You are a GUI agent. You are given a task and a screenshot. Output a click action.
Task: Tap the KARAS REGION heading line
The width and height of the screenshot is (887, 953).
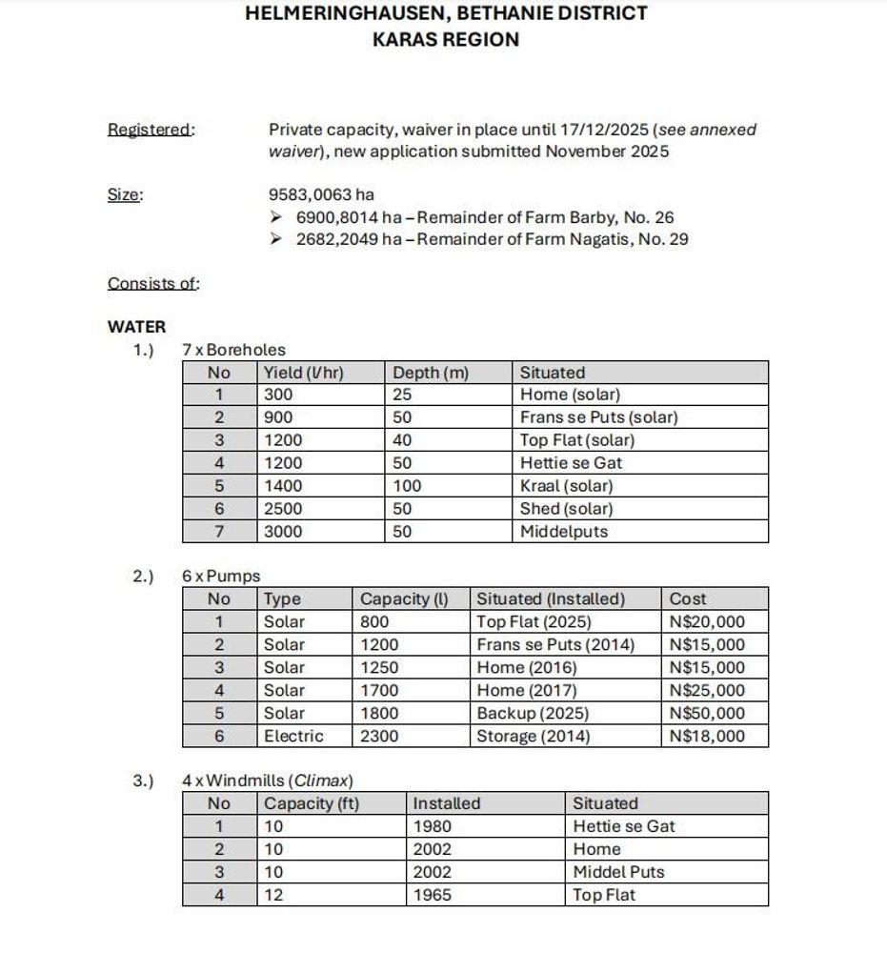(446, 40)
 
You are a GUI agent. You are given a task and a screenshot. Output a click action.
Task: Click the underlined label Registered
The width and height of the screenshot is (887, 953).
(151, 130)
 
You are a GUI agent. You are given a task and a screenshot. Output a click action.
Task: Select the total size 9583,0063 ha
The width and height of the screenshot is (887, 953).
(321, 195)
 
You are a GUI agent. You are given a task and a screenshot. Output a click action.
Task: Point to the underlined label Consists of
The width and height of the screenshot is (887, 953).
(153, 283)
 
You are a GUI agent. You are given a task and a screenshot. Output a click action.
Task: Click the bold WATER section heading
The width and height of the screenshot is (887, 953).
(136, 327)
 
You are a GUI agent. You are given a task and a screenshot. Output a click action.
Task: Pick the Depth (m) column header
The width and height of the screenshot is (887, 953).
(431, 373)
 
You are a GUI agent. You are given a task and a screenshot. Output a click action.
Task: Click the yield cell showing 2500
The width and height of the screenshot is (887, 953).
(283, 509)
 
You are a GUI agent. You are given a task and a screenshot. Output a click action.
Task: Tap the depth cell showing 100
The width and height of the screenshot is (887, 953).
(407, 486)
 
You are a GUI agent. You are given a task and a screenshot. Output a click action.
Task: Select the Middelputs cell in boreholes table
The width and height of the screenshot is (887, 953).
(563, 532)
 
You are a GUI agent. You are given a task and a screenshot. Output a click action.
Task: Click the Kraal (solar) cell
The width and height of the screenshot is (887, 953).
(566, 486)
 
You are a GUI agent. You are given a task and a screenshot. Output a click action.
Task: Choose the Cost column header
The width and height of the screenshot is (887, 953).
(688, 599)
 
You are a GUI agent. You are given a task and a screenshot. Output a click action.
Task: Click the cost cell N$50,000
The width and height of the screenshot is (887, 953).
(707, 713)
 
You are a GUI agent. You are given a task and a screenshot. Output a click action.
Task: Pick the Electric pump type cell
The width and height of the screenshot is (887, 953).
(293, 736)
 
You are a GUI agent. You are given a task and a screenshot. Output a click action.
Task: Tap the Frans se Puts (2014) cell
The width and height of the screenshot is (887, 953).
(554, 644)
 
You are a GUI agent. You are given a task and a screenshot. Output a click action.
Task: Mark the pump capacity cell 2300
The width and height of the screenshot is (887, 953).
(379, 736)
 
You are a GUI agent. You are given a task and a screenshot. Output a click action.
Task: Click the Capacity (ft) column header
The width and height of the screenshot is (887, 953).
(312, 803)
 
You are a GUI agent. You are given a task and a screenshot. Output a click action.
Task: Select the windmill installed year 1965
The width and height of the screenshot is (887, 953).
(433, 895)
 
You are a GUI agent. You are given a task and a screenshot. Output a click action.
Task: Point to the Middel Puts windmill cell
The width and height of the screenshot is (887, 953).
(618, 872)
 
